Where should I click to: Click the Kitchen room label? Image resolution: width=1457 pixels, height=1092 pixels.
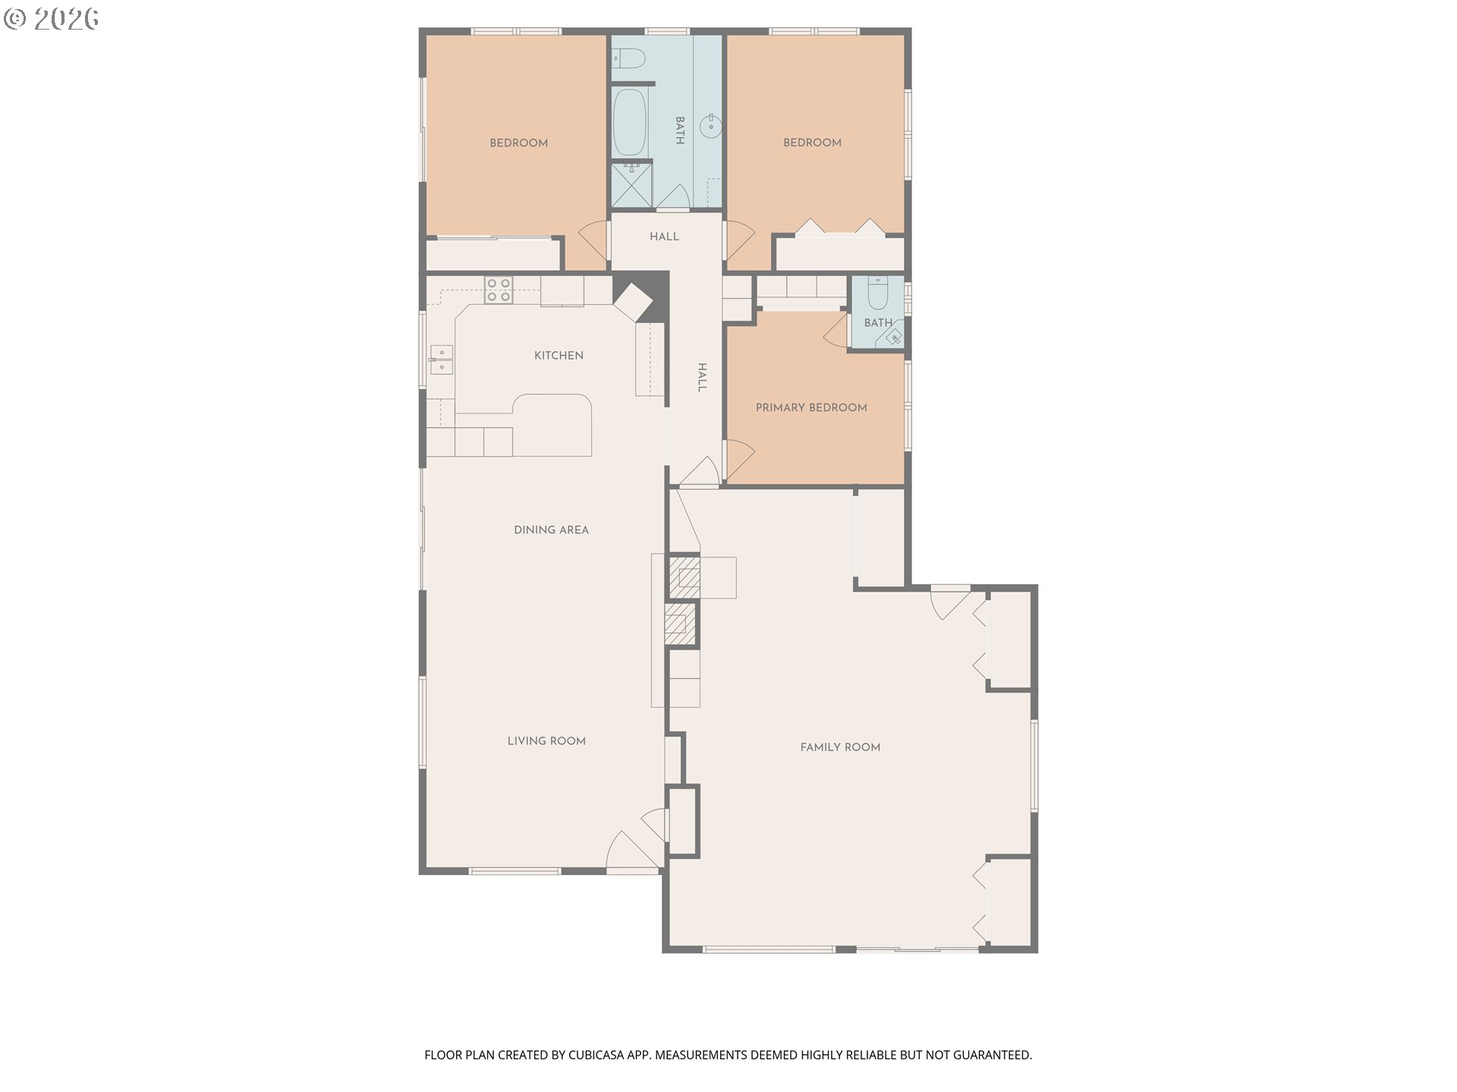click(559, 356)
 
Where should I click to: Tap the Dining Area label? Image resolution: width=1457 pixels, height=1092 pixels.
click(551, 530)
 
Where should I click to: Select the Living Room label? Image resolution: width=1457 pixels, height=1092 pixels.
click(546, 741)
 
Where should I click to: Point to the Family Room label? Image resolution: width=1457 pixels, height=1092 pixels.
click(840, 747)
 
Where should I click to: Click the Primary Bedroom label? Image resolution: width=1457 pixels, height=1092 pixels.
click(811, 408)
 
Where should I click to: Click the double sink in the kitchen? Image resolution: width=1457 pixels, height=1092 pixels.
click(441, 359)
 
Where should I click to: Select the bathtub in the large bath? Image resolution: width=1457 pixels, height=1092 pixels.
click(629, 122)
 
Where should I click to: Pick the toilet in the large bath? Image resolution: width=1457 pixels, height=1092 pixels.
click(628, 58)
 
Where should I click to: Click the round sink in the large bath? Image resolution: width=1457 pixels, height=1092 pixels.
click(711, 126)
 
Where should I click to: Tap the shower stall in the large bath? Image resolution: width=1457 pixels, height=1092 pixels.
click(631, 185)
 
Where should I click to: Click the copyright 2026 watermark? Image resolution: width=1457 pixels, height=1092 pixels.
click(51, 19)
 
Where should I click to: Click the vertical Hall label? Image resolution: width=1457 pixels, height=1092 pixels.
click(702, 377)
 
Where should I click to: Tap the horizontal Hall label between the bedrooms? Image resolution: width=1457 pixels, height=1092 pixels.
click(664, 237)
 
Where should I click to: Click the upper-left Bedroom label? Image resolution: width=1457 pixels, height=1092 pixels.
click(518, 143)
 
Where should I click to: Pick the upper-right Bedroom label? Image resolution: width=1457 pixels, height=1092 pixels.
click(812, 143)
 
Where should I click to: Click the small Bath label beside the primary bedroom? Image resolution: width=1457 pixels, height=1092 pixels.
click(878, 323)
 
